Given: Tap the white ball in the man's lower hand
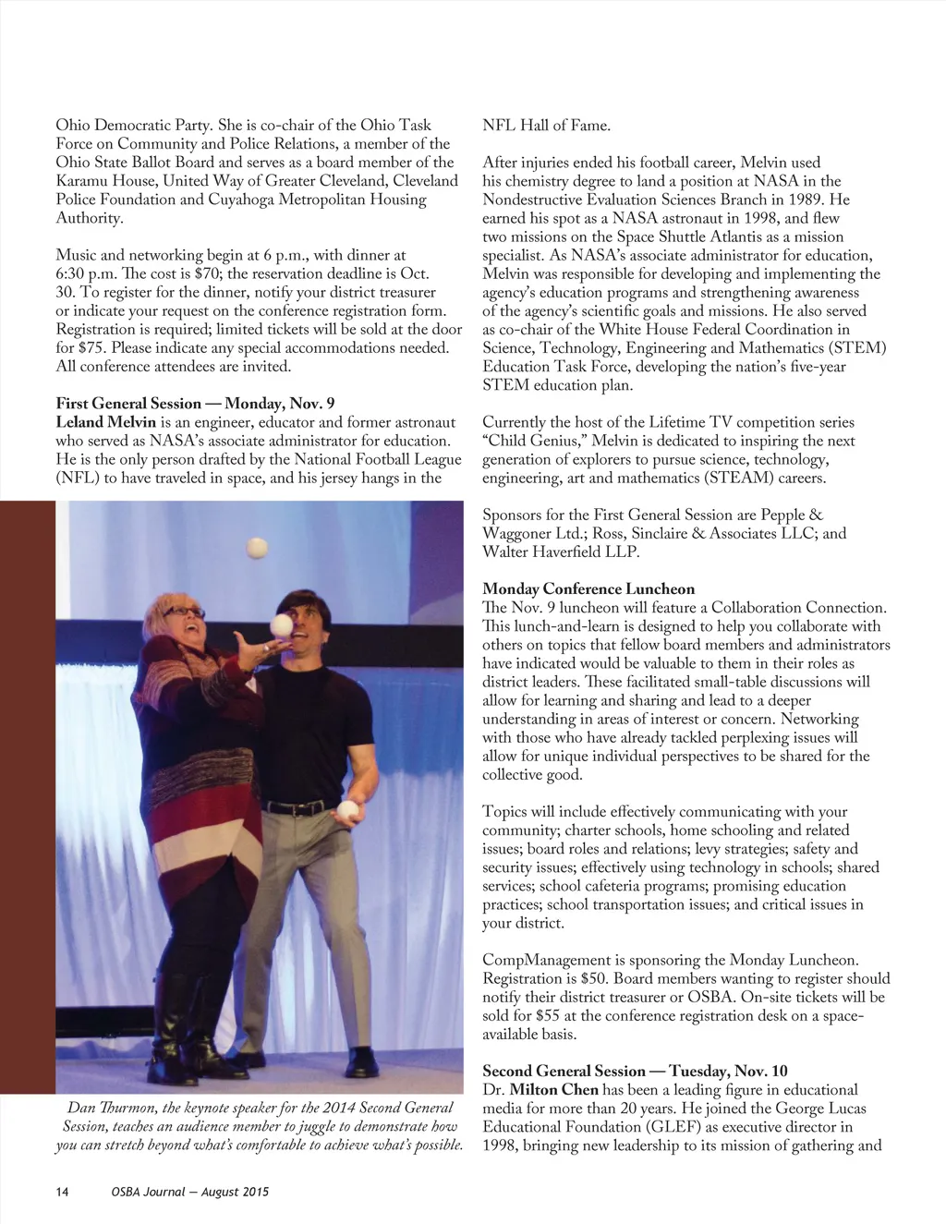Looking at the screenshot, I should (x=348, y=809).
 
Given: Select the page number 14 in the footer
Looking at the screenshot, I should (x=62, y=1193).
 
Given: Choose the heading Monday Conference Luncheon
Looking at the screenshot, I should (x=588, y=588).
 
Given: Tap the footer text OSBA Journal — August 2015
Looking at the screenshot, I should (x=188, y=1193).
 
